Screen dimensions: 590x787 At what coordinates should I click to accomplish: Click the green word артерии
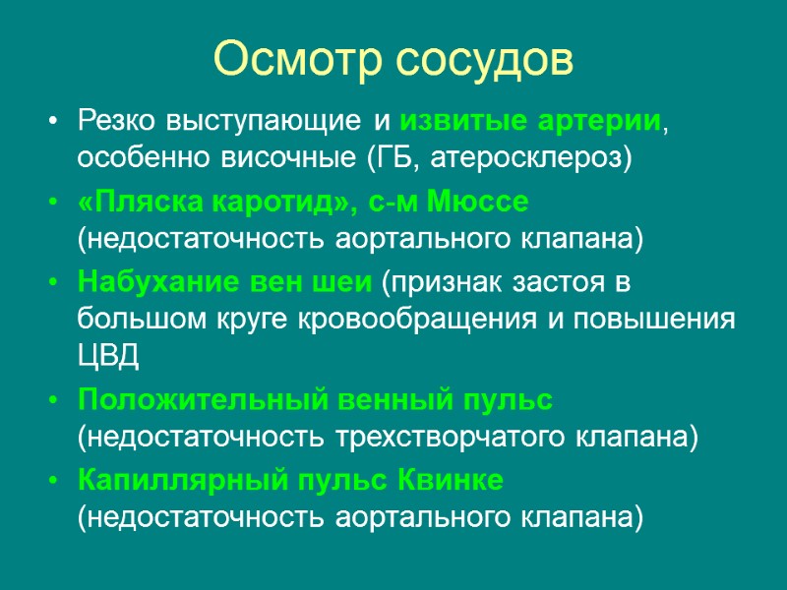(x=597, y=123)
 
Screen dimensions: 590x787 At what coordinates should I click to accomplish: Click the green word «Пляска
(x=139, y=203)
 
